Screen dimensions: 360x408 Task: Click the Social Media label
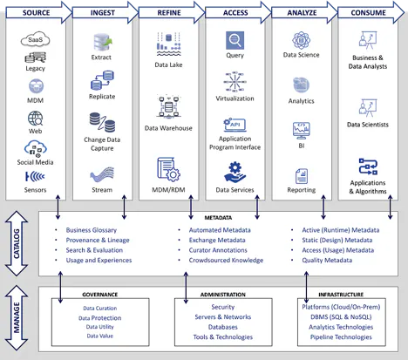[x=35, y=163]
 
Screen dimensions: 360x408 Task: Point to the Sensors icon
[x=35, y=177]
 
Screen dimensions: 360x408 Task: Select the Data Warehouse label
[x=167, y=128]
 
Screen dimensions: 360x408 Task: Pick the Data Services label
[x=235, y=190]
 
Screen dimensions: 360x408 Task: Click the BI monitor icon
[x=301, y=131]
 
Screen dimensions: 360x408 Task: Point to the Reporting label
[x=301, y=190]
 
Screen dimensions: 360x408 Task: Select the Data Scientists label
[x=367, y=125]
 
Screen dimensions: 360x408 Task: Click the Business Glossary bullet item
[x=97, y=229]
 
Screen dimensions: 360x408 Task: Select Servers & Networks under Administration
[x=222, y=317]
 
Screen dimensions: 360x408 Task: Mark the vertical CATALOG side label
[x=15, y=239]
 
